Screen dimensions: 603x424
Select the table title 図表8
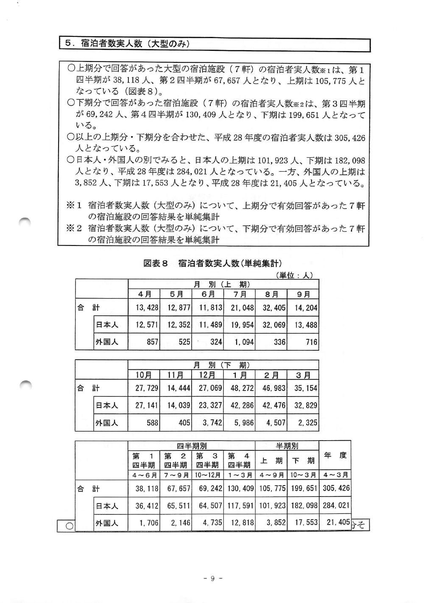point(156,263)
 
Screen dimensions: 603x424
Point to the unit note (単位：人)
point(294,275)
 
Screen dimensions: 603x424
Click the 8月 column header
point(271,294)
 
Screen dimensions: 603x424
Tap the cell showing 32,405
point(273,308)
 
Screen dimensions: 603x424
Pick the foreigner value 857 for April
point(152,342)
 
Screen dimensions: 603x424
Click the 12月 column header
point(207,375)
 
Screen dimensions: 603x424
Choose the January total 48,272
point(242,388)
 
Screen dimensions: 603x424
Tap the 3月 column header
point(302,375)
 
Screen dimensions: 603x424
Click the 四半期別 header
point(192,446)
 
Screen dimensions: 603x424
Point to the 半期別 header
point(287,446)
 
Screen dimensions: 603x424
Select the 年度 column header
point(335,456)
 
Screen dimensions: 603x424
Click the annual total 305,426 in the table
point(336,488)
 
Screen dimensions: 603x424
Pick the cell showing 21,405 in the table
point(338,522)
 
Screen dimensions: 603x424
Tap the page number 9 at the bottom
point(213,578)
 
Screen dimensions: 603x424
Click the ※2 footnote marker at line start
point(73,228)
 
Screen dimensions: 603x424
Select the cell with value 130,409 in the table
point(240,488)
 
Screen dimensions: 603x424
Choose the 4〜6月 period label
point(144,475)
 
